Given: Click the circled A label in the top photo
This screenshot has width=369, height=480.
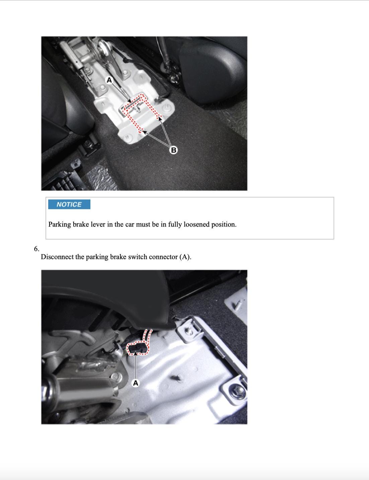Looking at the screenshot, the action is [109, 80].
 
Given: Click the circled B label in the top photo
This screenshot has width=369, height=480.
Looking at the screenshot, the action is [173, 150].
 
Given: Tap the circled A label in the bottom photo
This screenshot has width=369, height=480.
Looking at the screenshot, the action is [136, 383].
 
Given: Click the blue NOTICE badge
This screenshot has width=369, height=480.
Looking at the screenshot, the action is [69, 204].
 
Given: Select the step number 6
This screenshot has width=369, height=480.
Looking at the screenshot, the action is [36, 249].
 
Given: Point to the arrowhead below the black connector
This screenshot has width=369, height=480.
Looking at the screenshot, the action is [136, 353].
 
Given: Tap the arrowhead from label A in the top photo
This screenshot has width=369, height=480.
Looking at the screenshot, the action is [130, 101].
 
